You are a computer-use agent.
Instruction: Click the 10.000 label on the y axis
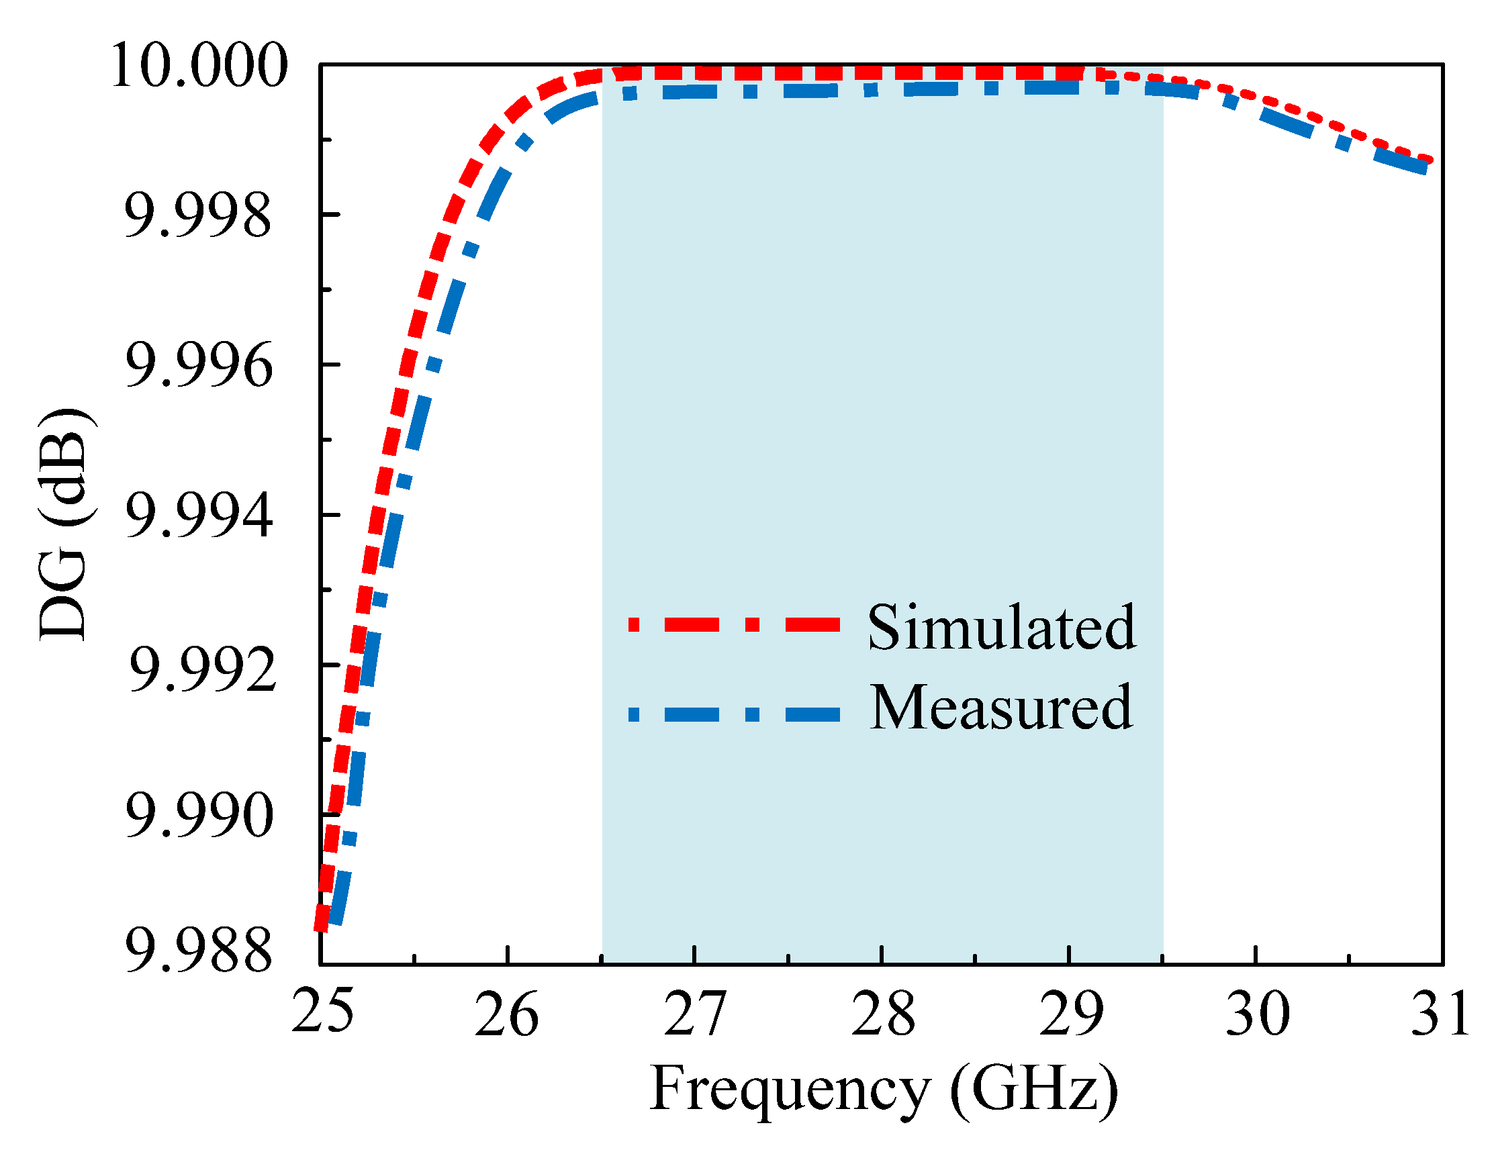(199, 66)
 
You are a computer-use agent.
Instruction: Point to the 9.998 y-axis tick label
(197, 216)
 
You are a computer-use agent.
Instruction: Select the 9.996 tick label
(199, 367)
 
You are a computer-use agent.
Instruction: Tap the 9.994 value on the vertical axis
(199, 517)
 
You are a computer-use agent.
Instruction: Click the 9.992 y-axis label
(203, 669)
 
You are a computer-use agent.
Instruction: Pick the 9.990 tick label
(199, 817)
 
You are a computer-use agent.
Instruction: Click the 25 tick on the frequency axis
(322, 1011)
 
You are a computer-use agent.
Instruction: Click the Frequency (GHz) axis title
(883, 1089)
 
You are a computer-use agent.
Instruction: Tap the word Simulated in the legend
(1001, 628)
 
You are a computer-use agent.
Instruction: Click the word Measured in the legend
(1001, 709)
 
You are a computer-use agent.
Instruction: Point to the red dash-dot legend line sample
(733, 624)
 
